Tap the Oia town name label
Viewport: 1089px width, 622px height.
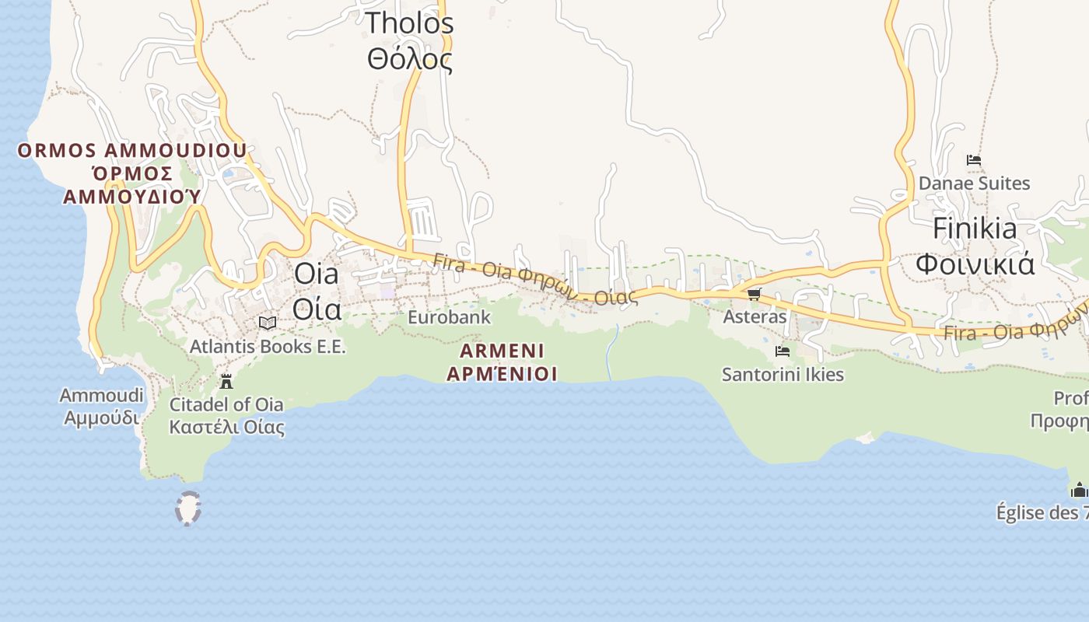[317, 291]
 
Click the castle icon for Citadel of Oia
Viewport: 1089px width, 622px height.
[226, 382]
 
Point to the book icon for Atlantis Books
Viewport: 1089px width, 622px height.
[268, 323]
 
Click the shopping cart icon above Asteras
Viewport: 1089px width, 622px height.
[754, 294]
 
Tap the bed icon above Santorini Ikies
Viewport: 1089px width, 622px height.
[783, 351]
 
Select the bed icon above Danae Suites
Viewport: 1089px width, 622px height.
[973, 160]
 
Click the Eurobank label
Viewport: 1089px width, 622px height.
[449, 317]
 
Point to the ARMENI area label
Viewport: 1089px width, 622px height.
[502, 362]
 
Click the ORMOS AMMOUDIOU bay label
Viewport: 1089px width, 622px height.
[132, 173]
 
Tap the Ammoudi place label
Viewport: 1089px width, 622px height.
[102, 406]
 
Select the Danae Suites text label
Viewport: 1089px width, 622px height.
[974, 183]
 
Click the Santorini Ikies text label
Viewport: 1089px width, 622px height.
[783, 375]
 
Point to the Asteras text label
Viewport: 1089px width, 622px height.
[755, 317]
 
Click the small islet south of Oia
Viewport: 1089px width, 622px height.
[187, 508]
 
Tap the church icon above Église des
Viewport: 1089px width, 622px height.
[1079, 490]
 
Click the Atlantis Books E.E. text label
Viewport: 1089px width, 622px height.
[268, 347]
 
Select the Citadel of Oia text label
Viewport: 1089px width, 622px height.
[226, 415]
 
